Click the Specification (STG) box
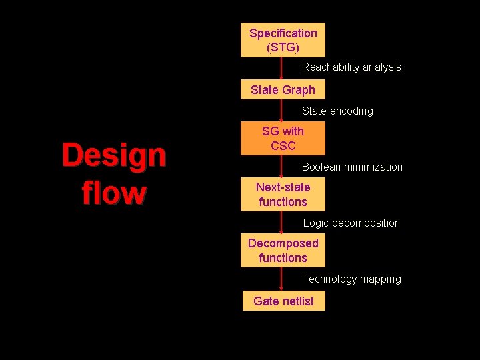coord(283,40)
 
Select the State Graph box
coord(283,89)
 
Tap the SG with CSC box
coord(283,138)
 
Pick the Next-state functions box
coord(283,194)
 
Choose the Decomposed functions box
coord(283,250)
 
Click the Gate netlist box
coord(283,301)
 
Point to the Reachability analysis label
coord(351,67)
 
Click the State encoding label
coord(337,111)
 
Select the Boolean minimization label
coord(352,167)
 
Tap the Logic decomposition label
coord(351,223)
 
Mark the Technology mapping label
coord(351,279)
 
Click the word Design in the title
coord(114,155)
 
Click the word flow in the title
coord(114,193)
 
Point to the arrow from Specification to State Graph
coord(282,69)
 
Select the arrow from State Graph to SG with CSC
coord(282,111)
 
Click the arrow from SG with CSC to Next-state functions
coord(282,167)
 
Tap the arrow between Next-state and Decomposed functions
coord(282,223)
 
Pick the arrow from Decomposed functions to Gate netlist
coord(282,279)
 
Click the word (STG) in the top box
coord(283,47)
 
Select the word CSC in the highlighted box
coord(283,145)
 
